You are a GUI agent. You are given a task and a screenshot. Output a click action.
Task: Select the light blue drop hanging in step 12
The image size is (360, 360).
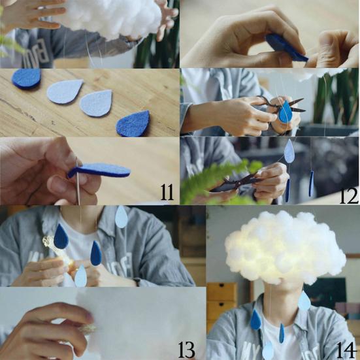coord(289,152)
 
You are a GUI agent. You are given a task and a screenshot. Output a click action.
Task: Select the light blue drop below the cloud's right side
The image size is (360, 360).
coord(304,301)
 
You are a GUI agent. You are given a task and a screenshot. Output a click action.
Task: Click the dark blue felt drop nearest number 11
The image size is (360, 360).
coord(133,123)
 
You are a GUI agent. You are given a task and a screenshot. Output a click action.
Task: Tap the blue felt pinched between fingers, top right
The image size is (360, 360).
coord(285,47)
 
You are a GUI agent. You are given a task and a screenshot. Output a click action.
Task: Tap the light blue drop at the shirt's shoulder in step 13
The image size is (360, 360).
coord(121,217)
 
